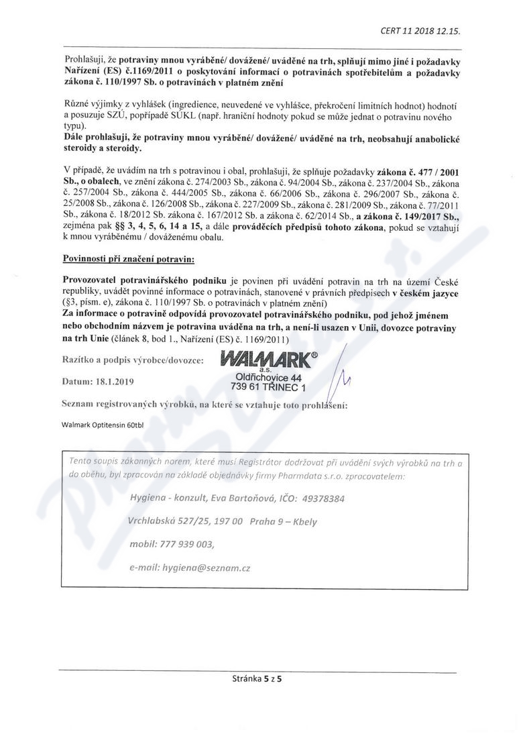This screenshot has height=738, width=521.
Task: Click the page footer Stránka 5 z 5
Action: coord(257,679)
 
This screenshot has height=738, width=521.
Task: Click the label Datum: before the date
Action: coord(78,382)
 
